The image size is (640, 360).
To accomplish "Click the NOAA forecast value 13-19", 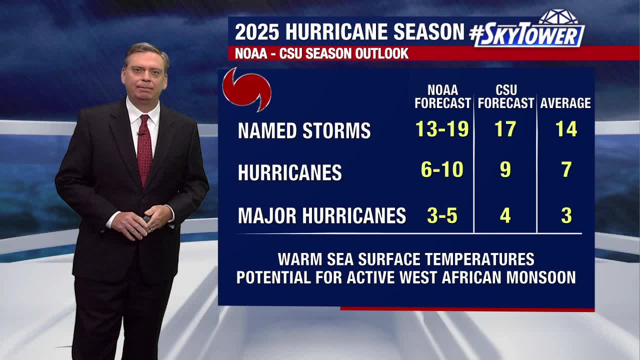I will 442,129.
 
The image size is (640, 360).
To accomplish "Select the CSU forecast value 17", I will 505,129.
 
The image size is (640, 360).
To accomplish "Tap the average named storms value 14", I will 566,129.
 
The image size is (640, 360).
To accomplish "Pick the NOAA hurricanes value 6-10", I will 442,170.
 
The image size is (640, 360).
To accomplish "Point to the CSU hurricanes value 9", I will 505,170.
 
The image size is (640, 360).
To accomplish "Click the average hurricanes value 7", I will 566,170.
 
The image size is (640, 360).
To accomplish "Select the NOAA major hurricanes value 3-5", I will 442,215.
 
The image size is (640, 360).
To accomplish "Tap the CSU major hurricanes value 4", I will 505,215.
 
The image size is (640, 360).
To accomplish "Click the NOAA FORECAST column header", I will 442,97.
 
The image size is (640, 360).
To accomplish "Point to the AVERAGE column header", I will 565,103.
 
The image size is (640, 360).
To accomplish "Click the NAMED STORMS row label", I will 304,131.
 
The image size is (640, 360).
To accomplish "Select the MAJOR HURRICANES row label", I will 321,216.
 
